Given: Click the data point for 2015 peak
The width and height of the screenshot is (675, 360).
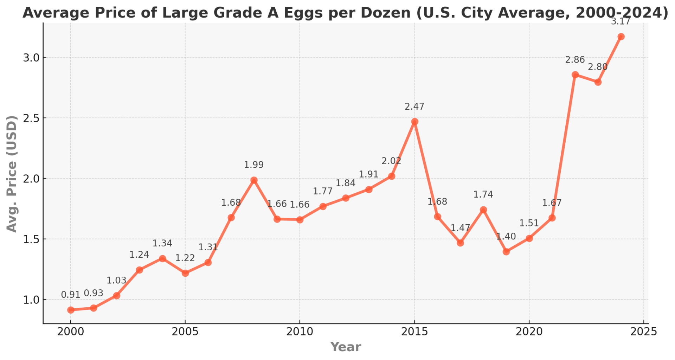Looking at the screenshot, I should [414, 122].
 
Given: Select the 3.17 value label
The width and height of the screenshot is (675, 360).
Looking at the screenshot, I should [621, 22].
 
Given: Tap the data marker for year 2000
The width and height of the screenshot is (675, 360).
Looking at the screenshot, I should [71, 310].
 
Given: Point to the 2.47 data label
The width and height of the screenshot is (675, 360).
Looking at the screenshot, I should [414, 107].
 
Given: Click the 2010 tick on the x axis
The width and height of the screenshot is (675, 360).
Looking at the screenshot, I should [300, 332].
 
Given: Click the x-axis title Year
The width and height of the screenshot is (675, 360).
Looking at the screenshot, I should [345, 347].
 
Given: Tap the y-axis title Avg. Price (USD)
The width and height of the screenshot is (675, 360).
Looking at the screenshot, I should [12, 174].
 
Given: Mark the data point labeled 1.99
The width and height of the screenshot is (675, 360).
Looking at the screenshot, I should [254, 180].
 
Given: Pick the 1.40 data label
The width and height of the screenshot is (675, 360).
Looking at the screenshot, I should [506, 237].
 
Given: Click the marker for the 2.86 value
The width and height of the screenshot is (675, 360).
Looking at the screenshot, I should [575, 75].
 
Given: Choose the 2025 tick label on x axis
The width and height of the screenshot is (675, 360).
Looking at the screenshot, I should [643, 332].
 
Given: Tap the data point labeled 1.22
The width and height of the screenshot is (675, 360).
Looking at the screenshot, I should [185, 273].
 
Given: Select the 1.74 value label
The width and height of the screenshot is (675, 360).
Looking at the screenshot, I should [483, 194].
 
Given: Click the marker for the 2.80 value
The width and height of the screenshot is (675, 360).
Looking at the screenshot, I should [598, 82].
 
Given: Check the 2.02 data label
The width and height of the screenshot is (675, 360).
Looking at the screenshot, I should [391, 161].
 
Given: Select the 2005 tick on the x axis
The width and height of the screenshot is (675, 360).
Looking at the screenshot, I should [185, 332].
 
